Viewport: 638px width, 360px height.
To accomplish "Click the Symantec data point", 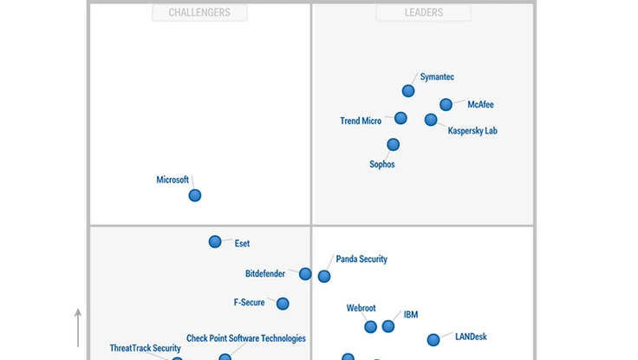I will coord(408,91).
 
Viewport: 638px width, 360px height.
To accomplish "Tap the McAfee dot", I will coord(446,105).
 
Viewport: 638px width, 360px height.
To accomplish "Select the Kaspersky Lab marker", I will coord(431,120).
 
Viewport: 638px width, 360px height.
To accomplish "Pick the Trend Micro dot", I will coord(400,118).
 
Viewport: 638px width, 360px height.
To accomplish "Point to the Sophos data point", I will coord(394,145).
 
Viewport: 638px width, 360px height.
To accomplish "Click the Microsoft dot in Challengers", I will coord(195,195).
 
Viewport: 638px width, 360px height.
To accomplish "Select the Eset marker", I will coord(215,242).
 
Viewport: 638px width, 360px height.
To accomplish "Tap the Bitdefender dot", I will coord(305,274).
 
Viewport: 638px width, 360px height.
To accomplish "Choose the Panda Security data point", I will coord(324,277).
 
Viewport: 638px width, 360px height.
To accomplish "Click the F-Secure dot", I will coord(283,304).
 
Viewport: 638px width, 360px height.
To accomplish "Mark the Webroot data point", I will coord(371,327).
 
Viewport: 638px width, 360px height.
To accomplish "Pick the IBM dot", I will coord(388,326).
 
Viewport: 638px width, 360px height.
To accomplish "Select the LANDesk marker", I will coord(433,340).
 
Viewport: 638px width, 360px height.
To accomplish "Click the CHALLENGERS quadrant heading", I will coord(199,13).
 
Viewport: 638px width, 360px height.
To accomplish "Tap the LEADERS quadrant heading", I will coord(424,13).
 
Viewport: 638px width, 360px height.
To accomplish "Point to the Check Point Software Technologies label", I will coord(246,338).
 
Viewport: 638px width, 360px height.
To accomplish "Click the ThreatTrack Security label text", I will coord(145,349).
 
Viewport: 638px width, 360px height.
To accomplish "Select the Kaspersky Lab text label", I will coord(472,131).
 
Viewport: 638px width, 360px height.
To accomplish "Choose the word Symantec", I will coord(437,77).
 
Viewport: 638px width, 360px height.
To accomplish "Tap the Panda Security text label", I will coord(361,259).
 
